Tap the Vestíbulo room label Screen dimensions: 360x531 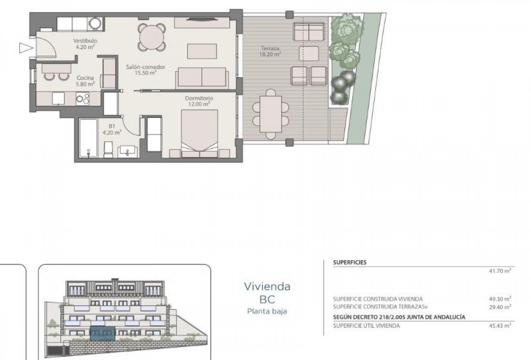(x=85, y=43)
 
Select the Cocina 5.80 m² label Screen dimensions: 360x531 (x=85, y=81)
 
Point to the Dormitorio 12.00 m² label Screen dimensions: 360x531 (x=199, y=101)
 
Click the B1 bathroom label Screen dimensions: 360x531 (x=112, y=129)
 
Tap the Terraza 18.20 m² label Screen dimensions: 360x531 (x=270, y=51)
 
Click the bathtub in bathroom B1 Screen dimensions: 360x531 (x=88, y=138)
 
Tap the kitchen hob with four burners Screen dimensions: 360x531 (x=83, y=98)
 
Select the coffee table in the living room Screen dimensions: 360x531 (x=202, y=51)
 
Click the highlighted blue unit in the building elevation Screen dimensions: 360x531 (x=102, y=333)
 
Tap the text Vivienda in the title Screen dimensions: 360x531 (x=267, y=286)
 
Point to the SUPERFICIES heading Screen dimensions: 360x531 (x=350, y=262)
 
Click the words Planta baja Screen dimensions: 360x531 (x=267, y=311)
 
